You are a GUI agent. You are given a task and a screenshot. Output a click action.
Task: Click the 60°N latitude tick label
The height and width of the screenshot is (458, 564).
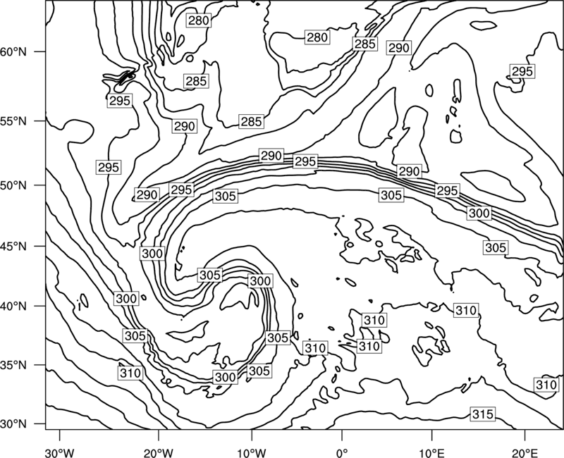(13, 51)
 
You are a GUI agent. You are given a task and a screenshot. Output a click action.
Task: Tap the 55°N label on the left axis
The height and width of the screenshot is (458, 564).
(13, 121)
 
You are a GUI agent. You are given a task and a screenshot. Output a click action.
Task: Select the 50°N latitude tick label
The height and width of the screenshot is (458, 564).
(13, 185)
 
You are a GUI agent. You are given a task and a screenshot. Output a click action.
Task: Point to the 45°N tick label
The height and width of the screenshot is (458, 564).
(13, 246)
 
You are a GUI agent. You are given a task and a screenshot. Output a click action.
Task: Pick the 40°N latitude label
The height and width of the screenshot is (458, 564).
(13, 307)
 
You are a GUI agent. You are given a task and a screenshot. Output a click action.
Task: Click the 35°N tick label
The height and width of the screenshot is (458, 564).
(13, 365)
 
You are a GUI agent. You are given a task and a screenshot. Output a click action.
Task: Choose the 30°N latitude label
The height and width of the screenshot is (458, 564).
(13, 424)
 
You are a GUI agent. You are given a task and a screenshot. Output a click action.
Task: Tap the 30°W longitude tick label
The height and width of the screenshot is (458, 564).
(60, 452)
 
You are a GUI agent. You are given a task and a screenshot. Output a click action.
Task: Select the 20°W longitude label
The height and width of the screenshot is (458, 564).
(159, 452)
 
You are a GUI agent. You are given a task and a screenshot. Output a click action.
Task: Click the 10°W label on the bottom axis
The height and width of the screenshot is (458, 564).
(252, 452)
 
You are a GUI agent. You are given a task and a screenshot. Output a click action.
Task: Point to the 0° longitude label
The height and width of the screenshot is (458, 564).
(342, 452)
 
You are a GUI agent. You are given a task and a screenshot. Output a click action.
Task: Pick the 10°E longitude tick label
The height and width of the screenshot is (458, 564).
(431, 452)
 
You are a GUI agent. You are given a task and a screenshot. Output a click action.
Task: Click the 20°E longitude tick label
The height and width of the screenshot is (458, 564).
(525, 452)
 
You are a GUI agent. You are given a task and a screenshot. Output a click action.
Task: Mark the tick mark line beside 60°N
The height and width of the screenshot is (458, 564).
(40, 51)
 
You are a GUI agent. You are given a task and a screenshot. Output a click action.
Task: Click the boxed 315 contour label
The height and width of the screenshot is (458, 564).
(482, 414)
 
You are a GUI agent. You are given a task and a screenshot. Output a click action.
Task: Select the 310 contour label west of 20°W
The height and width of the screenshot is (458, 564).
(130, 373)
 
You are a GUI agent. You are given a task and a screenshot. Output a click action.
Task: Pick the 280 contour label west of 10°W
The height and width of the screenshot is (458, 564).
(199, 20)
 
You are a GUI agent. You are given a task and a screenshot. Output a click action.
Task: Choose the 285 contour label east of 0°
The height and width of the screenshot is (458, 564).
(365, 44)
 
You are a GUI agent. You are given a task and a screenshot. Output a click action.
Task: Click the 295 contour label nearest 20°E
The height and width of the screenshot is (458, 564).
(522, 71)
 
